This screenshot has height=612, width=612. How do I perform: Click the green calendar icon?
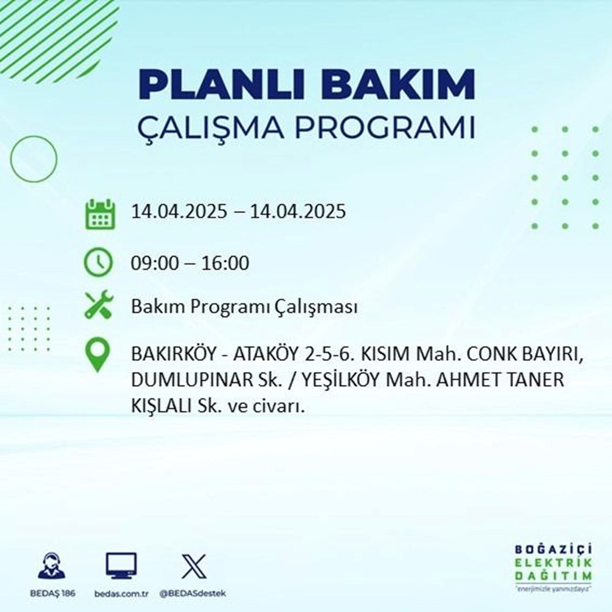(x=99, y=213)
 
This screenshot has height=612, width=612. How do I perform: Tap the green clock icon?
(x=99, y=263)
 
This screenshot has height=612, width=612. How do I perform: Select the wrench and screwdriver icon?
(x=99, y=306)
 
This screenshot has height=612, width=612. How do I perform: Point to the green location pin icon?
(x=98, y=356)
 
